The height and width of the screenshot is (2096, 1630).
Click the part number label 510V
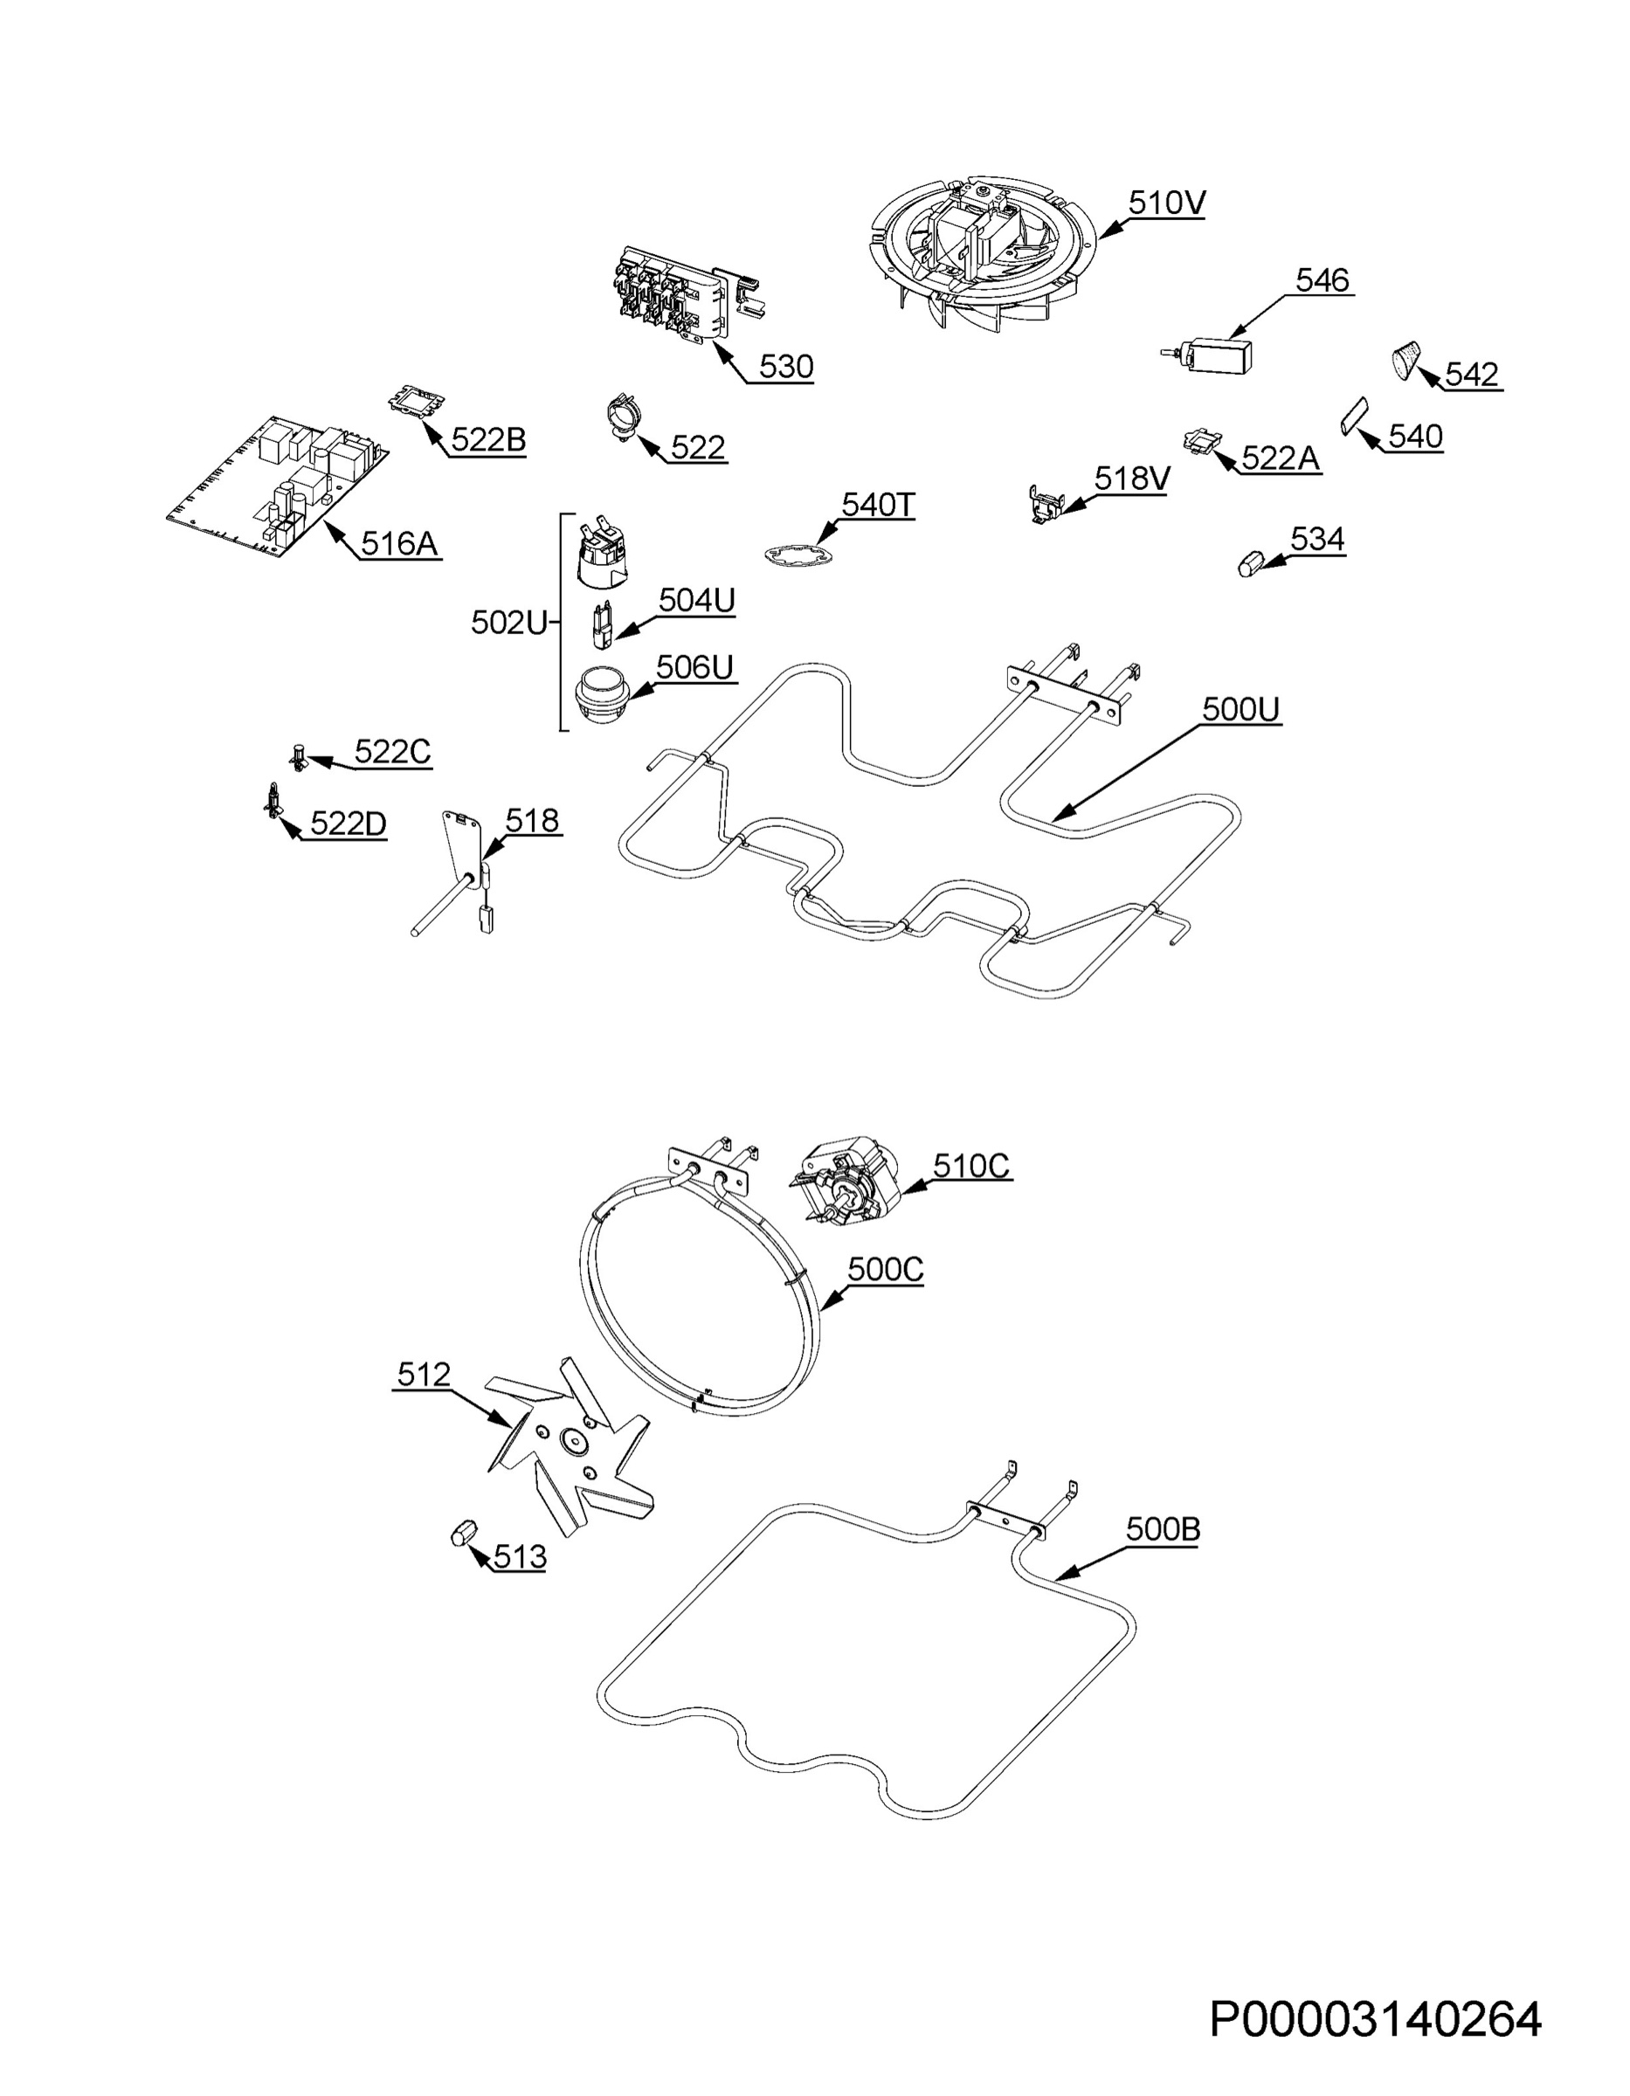pyautogui.click(x=1166, y=203)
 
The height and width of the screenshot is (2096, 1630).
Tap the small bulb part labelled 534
pyautogui.click(x=1249, y=562)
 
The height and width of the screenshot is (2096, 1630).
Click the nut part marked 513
pyautogui.click(x=465, y=1533)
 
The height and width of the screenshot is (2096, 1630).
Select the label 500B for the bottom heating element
pyautogui.click(x=1163, y=1530)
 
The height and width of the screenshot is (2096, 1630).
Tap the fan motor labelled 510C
pyautogui.click(x=841, y=1182)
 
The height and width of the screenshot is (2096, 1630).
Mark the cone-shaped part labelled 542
pyautogui.click(x=1406, y=359)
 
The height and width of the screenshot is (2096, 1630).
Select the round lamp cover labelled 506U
pyautogui.click(x=601, y=693)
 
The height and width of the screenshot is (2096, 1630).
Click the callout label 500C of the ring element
pyautogui.click(x=885, y=1269)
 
